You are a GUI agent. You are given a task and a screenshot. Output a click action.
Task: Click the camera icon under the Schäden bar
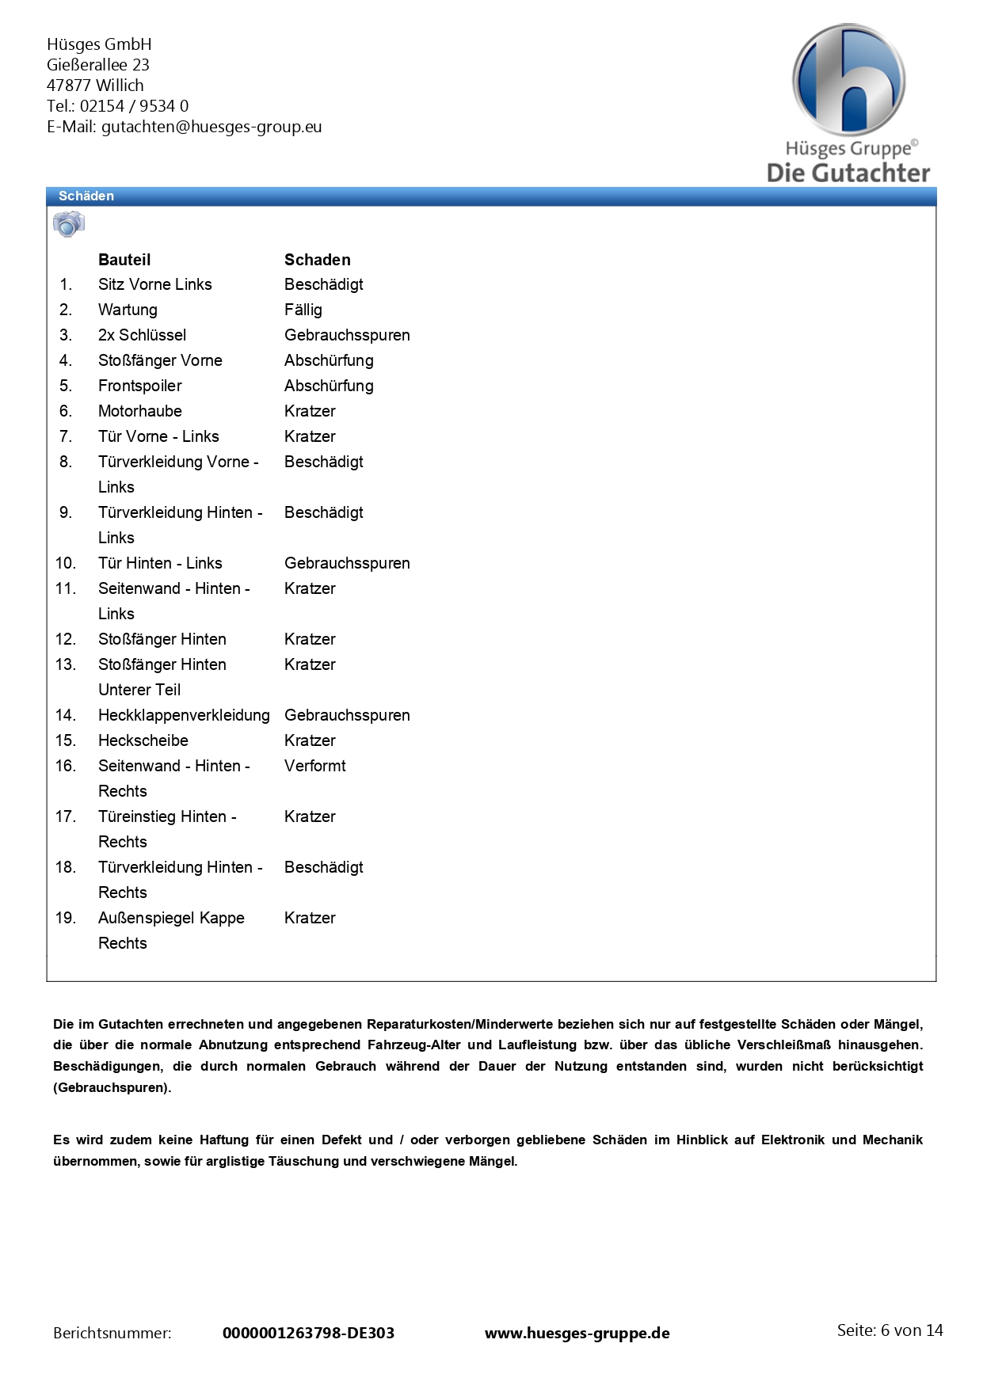pyautogui.click(x=68, y=224)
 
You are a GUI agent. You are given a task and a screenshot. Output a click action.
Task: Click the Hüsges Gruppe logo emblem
pyautogui.click(x=848, y=80)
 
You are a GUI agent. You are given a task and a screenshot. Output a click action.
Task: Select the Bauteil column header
pyautogui.click(x=124, y=260)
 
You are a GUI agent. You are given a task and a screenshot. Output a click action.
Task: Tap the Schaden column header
pyautogui.click(x=317, y=260)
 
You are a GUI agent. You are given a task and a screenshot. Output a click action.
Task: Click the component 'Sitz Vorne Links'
pyautogui.click(x=154, y=284)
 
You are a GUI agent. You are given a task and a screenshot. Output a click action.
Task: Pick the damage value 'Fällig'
pyautogui.click(x=303, y=310)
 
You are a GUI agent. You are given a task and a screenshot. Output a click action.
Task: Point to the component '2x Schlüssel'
pyautogui.click(x=142, y=335)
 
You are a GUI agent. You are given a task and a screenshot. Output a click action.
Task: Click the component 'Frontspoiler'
pyautogui.click(x=139, y=386)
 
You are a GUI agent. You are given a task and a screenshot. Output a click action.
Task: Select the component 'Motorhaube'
pyautogui.click(x=139, y=411)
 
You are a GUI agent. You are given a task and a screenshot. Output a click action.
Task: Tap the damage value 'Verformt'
pyautogui.click(x=314, y=766)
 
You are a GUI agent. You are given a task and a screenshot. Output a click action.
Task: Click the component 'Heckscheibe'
pyautogui.click(x=143, y=740)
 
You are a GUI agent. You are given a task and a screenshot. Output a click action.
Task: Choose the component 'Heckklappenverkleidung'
pyautogui.click(x=184, y=715)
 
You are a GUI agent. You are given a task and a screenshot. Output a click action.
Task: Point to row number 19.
pyautogui.click(x=65, y=918)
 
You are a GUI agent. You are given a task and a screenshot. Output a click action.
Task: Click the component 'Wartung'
pyautogui.click(x=128, y=310)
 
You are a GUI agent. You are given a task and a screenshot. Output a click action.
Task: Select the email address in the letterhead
pyautogui.click(x=211, y=127)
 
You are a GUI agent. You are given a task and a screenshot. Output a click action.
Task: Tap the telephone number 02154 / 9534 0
pyautogui.click(x=134, y=106)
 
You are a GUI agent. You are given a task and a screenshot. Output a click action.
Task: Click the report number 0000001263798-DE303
pyautogui.click(x=308, y=1333)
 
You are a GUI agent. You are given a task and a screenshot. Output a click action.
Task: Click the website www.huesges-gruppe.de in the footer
pyautogui.click(x=577, y=1333)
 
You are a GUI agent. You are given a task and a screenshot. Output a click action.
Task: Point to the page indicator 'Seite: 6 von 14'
pyautogui.click(x=890, y=1330)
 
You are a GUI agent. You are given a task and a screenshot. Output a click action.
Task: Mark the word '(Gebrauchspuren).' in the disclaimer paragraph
pyautogui.click(x=112, y=1087)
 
